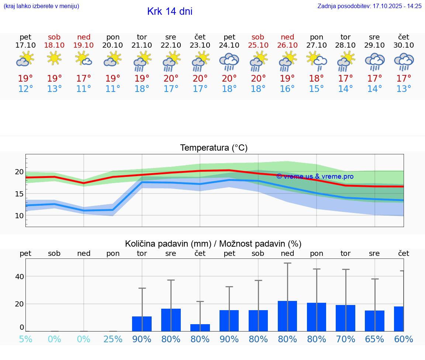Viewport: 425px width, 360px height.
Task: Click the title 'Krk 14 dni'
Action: [170, 11]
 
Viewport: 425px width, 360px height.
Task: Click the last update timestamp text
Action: [369, 6]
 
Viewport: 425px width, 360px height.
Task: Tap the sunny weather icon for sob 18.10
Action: [54, 58]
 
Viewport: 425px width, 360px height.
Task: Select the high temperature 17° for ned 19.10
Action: [84, 79]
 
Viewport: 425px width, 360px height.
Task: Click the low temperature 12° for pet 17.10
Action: [25, 89]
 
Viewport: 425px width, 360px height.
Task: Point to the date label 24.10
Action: [229, 45]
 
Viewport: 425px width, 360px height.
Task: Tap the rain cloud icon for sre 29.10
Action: [374, 61]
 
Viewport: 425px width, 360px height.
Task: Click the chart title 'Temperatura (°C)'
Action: [214, 148]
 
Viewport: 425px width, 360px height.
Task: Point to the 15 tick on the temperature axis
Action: [20, 194]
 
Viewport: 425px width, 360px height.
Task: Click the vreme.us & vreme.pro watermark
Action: [315, 176]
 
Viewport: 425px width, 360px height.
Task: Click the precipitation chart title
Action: [213, 244]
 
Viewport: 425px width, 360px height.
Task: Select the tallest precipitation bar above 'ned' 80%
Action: [287, 316]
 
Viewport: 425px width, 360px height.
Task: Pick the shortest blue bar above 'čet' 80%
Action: [200, 328]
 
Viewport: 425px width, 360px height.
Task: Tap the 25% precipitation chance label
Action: [113, 339]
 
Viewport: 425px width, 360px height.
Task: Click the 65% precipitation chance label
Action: [374, 339]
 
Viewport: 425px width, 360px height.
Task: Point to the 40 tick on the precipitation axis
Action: [20, 276]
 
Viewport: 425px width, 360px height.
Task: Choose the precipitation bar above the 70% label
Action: [345, 318]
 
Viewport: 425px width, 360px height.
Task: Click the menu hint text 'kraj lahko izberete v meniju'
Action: [41, 6]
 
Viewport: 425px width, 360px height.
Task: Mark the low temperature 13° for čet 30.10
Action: [404, 89]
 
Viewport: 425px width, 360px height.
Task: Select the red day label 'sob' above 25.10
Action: [258, 37]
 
